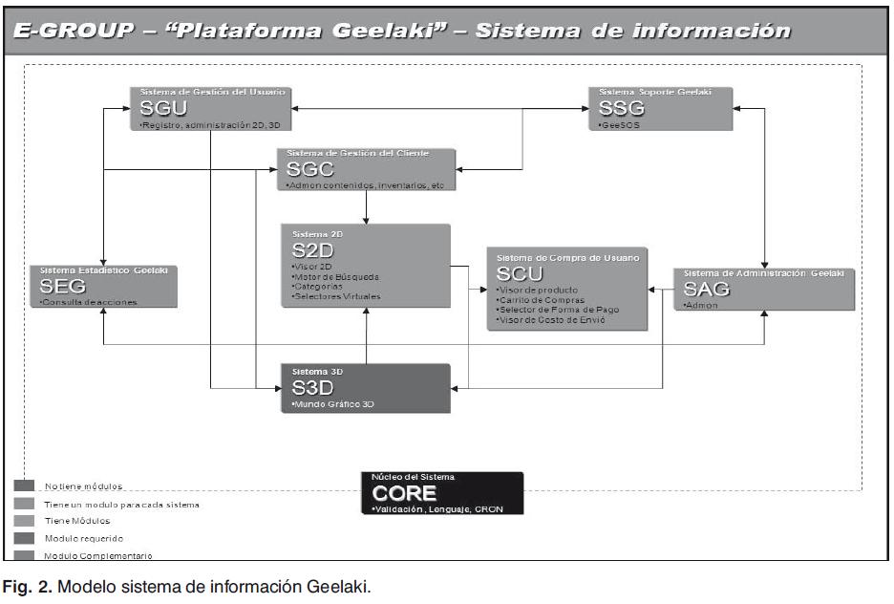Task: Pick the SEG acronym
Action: click(63, 286)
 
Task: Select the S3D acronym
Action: click(311, 387)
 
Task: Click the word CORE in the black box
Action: click(404, 493)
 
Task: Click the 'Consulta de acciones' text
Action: click(89, 303)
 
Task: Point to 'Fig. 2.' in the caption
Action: click(27, 586)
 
